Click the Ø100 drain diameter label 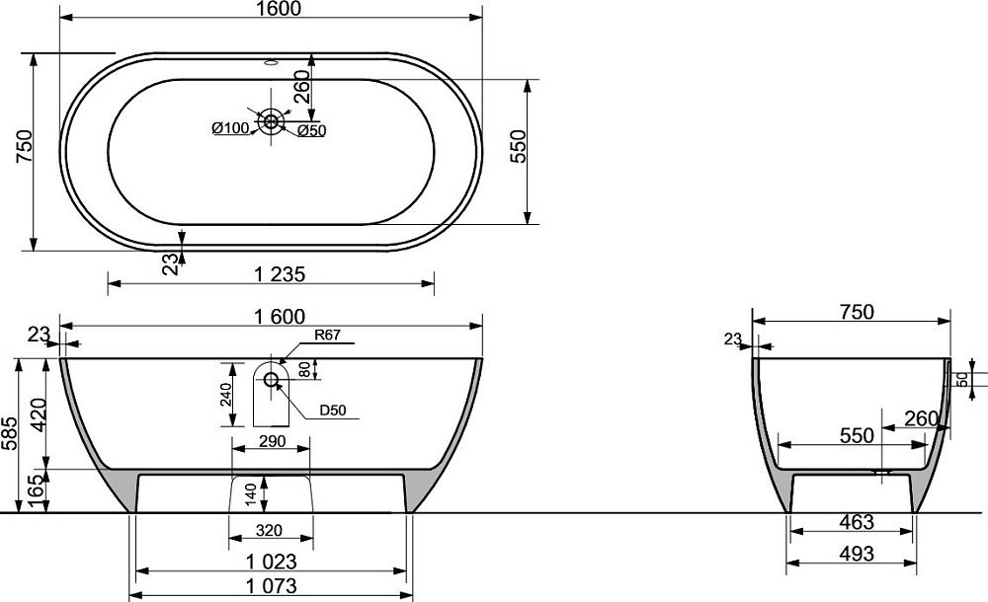pyautogui.click(x=230, y=128)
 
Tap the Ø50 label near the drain pyautogui.click(x=311, y=131)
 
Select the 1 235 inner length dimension pyautogui.click(x=280, y=274)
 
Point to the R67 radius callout pyautogui.click(x=327, y=335)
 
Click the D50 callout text pyautogui.click(x=333, y=411)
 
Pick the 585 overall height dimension pyautogui.click(x=10, y=433)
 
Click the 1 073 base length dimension pyautogui.click(x=271, y=585)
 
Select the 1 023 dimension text pyautogui.click(x=271, y=562)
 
